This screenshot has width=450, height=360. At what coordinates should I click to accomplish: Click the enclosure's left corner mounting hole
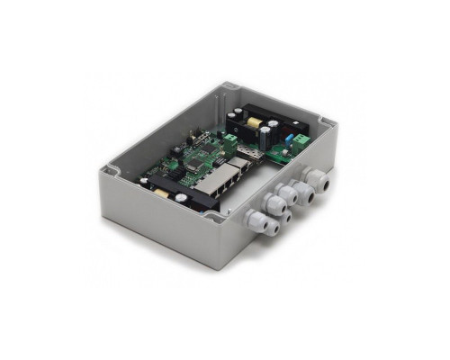click(110, 170)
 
